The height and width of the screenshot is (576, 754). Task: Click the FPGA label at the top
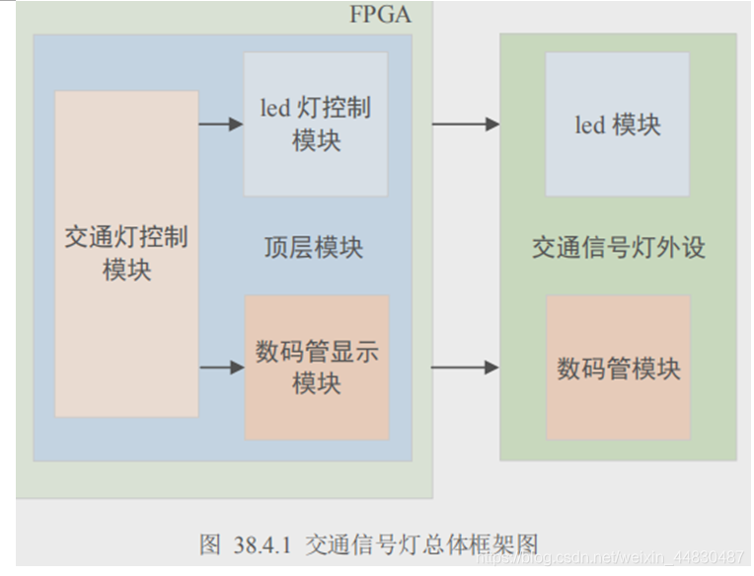tap(380, 15)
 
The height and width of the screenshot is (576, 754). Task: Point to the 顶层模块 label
tap(314, 247)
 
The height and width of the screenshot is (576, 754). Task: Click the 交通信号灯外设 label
tap(619, 247)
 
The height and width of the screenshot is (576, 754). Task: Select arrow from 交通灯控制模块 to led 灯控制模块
tap(221, 124)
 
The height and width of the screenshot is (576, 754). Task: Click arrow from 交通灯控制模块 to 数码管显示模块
tap(221, 368)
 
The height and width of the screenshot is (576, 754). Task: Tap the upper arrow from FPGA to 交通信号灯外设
tap(465, 124)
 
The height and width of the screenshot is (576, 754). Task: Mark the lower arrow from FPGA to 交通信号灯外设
tap(465, 368)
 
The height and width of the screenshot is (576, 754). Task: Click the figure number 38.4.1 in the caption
tap(262, 544)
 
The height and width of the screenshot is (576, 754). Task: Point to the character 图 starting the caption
tap(209, 544)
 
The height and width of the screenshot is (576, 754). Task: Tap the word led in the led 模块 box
tap(589, 125)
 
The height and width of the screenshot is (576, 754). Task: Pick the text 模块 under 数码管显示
tap(317, 383)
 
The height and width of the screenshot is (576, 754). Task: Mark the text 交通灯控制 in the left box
tap(126, 238)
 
